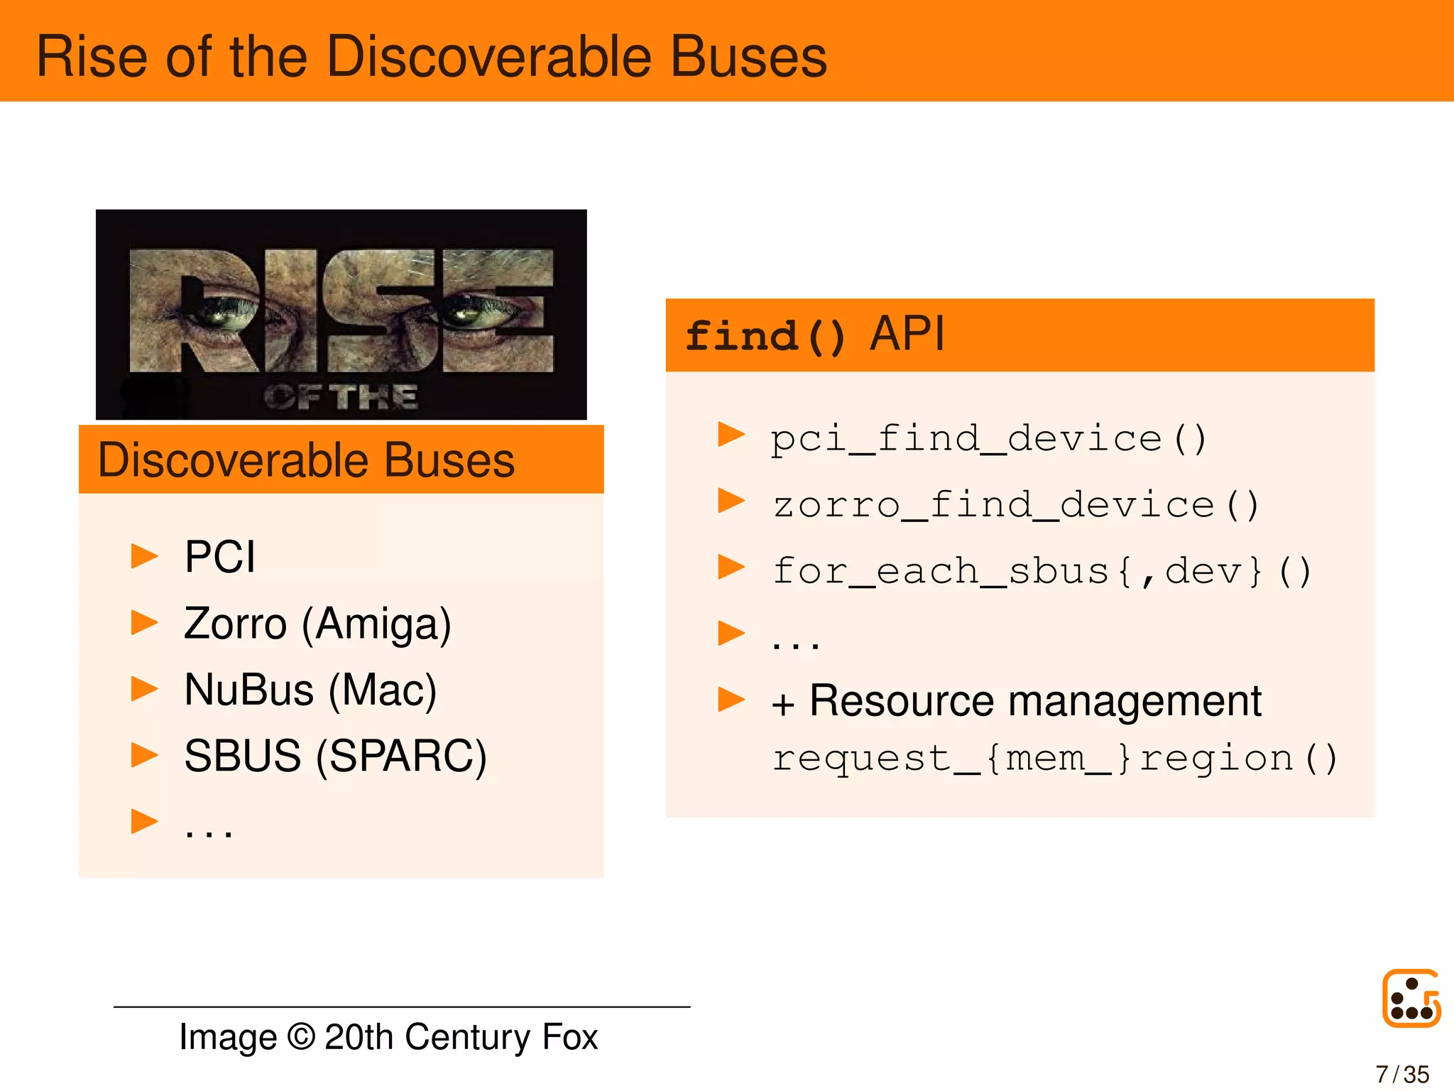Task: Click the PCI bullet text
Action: click(x=219, y=556)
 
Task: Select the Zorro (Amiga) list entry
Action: click(x=317, y=624)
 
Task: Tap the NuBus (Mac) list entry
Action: click(x=310, y=690)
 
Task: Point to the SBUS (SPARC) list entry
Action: click(x=335, y=756)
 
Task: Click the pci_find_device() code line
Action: click(x=988, y=438)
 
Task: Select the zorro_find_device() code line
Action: click(x=1015, y=505)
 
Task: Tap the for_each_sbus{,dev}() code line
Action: click(x=1042, y=571)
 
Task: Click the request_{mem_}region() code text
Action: click(x=1054, y=758)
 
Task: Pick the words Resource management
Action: click(x=1035, y=702)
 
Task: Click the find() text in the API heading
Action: click(x=765, y=336)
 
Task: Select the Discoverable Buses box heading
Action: click(x=306, y=460)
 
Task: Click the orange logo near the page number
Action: click(x=1411, y=998)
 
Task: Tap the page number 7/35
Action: click(x=1402, y=1074)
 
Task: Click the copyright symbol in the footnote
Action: click(x=301, y=1037)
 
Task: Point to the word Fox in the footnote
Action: click(x=570, y=1037)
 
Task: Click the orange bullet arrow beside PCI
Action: click(x=144, y=556)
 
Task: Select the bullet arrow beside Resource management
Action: click(x=731, y=700)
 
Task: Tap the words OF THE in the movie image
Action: click(x=341, y=397)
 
